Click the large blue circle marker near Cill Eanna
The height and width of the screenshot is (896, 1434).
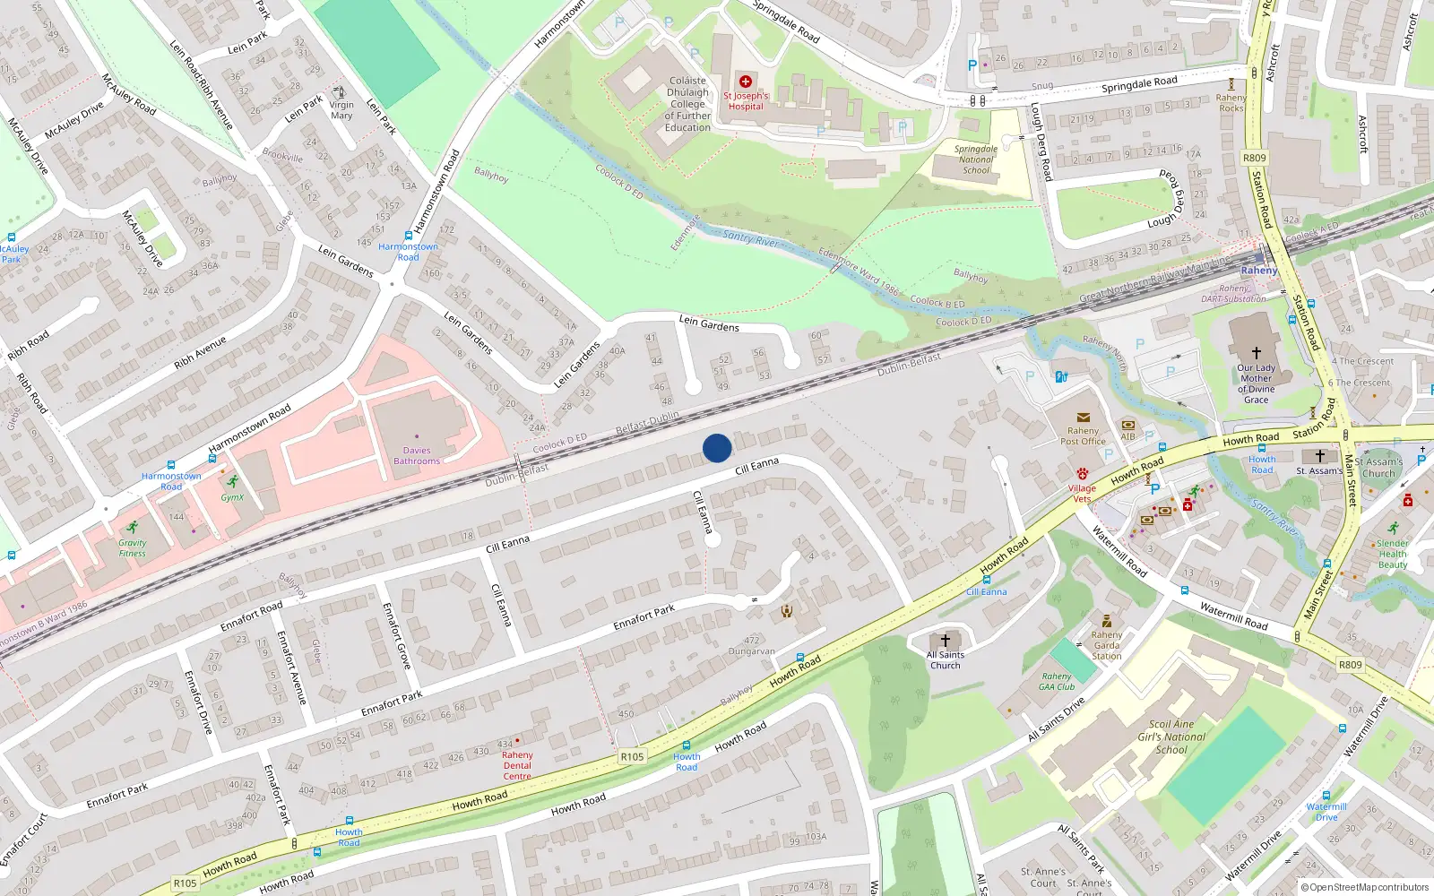717,448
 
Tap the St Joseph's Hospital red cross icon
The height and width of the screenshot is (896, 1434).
745,82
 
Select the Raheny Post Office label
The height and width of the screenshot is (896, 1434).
1083,435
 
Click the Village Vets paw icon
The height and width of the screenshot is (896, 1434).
1083,473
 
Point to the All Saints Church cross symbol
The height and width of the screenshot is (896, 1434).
945,641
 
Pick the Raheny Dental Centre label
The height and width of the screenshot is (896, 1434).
517,765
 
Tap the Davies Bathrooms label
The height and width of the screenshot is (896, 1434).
417,456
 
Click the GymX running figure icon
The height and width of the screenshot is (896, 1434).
233,482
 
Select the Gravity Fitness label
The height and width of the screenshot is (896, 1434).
132,548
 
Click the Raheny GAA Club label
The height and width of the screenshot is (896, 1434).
1057,682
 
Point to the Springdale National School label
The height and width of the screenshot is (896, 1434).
976,159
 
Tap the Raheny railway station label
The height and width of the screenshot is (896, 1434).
1258,270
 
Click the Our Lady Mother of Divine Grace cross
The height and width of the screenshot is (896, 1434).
1256,353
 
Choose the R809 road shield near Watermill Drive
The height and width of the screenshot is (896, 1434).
1350,665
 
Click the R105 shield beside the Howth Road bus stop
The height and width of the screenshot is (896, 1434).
632,756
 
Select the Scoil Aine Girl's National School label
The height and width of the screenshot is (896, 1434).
1171,737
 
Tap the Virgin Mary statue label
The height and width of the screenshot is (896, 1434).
341,110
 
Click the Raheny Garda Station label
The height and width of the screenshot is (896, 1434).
1107,645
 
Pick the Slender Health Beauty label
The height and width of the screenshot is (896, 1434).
1392,554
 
